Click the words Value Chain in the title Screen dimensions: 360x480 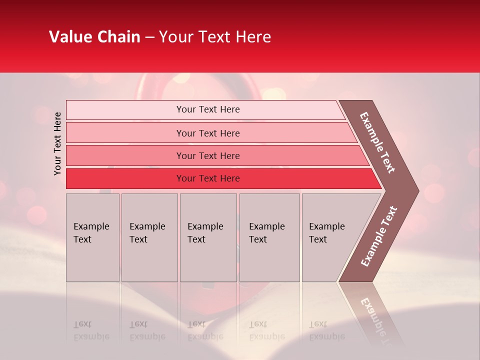94,37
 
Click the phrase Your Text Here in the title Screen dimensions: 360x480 215,37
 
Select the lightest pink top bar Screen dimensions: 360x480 125,110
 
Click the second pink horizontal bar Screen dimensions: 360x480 125,133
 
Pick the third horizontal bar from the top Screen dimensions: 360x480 125,155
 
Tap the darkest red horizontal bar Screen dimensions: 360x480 125,178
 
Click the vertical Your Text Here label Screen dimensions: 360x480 57,143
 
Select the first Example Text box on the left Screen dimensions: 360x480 92,237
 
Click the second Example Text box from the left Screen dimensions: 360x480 149,237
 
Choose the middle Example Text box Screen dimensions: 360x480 208,237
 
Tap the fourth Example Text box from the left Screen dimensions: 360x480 269,237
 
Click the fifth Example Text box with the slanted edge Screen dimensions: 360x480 330,237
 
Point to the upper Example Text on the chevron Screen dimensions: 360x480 377,142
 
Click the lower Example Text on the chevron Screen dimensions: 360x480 378,236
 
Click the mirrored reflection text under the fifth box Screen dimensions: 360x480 326,330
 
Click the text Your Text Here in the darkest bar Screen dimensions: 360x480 208,178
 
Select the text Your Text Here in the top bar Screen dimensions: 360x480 208,109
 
